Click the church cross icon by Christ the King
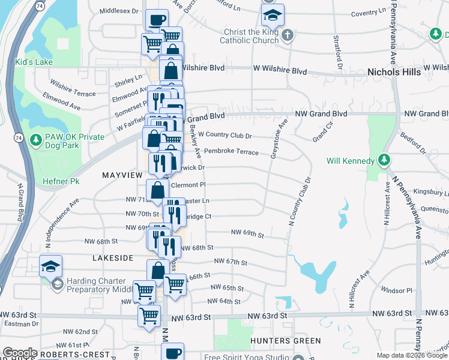click(x=287, y=35)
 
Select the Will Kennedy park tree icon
click(x=384, y=161)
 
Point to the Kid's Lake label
click(x=35, y=62)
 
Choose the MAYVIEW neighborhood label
click(x=122, y=175)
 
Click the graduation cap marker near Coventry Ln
click(x=273, y=13)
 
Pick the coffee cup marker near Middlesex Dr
click(x=157, y=19)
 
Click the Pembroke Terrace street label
click(x=231, y=152)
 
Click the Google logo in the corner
click(x=20, y=353)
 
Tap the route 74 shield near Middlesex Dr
click(x=39, y=6)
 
